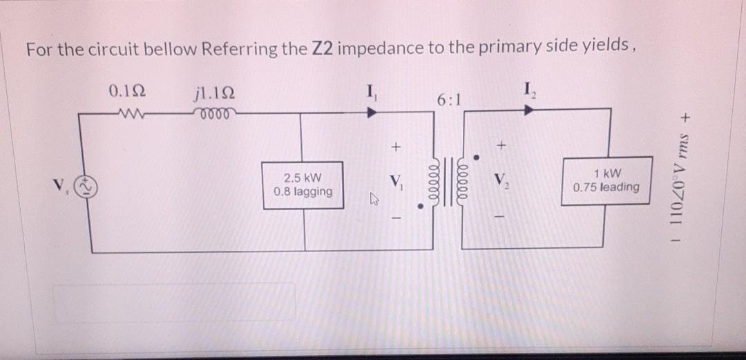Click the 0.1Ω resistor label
126,91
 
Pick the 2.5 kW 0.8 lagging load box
303,184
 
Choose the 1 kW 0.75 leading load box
606,180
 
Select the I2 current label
530,90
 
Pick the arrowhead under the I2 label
530,108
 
